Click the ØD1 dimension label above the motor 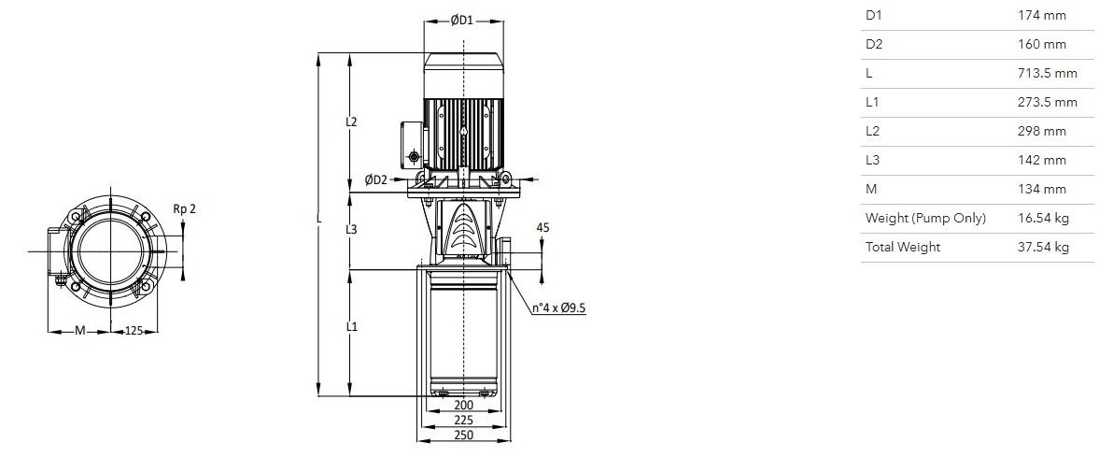(462, 21)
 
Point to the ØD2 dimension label (376, 179)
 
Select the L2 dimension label (351, 122)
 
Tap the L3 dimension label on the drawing (351, 230)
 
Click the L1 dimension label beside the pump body (351, 327)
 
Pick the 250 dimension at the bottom (463, 435)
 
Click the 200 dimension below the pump (463, 406)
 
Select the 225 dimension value (463, 420)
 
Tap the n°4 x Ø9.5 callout (559, 308)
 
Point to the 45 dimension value (543, 228)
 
